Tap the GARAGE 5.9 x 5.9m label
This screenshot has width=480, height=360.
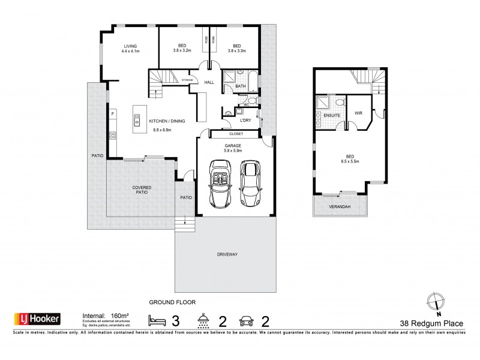coord(234,148)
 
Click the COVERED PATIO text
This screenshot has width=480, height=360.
coord(142,191)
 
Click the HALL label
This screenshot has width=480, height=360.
coord(209,82)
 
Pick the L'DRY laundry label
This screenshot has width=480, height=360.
coord(245,121)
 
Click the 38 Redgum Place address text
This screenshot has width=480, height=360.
coord(434,325)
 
